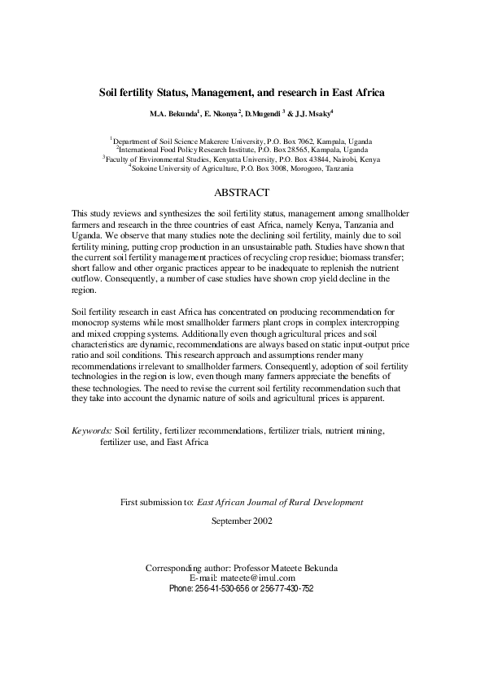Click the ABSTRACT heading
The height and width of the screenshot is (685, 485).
(241, 194)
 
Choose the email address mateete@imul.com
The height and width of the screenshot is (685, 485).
(263, 577)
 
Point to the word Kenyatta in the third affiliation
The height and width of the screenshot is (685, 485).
(225, 159)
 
